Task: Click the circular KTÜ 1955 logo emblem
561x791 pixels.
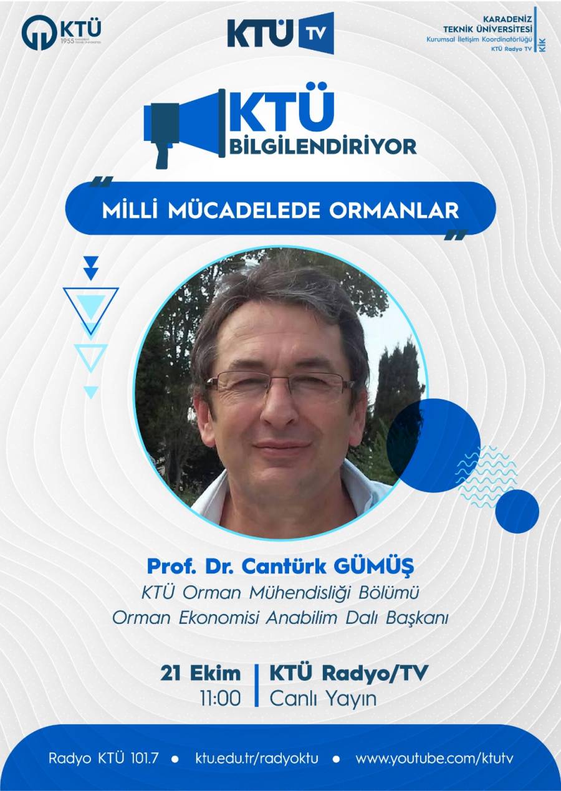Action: tap(39, 32)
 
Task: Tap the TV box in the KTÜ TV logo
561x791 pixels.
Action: tap(316, 33)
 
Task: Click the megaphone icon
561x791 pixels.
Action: tap(185, 128)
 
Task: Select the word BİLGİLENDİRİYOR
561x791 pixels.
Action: tap(323, 146)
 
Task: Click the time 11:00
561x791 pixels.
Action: tap(220, 698)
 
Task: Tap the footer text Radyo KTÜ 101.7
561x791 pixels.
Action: tap(104, 759)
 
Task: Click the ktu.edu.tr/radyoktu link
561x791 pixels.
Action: tap(257, 759)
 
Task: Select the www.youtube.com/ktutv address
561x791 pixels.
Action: tap(434, 759)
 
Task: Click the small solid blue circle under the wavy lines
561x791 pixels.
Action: tap(517, 511)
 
